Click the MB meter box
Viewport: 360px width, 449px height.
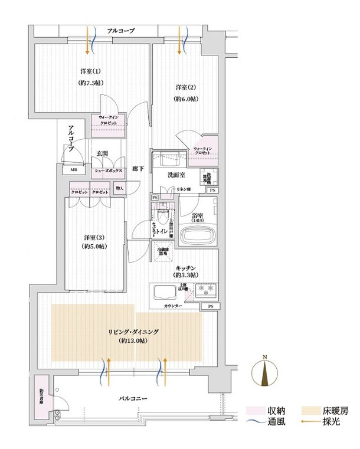(x=74, y=172)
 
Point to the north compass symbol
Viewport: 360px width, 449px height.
(x=265, y=373)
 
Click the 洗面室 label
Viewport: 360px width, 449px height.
(x=176, y=175)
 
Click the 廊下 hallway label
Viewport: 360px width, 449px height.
(x=137, y=167)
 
